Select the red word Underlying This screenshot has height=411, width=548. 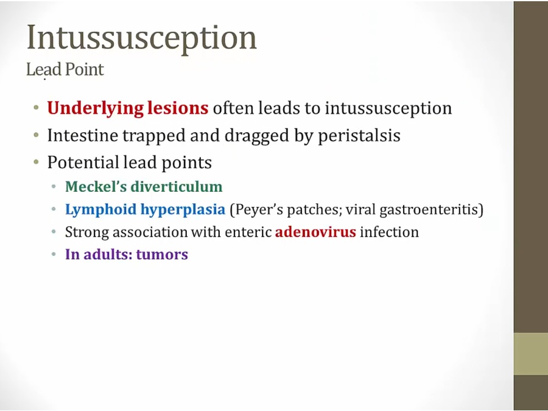[x=95, y=108]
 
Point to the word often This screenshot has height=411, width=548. [x=233, y=108]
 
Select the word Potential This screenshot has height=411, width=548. [x=83, y=162]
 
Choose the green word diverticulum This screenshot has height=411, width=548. [x=177, y=186]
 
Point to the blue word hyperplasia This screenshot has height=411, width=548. [x=183, y=209]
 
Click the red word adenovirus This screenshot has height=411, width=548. [x=315, y=232]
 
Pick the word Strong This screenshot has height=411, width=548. [x=87, y=233]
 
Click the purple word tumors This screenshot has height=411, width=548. [x=162, y=254]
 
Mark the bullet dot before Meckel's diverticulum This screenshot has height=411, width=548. [x=54, y=187]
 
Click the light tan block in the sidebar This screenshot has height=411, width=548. [x=531, y=354]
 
